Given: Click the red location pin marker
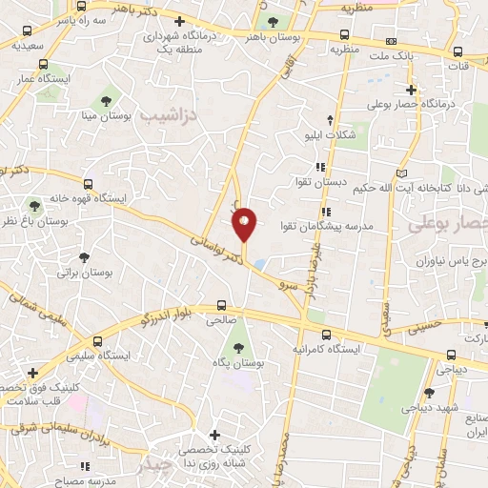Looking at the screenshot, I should [245, 224].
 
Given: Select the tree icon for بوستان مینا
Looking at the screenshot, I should [106, 99].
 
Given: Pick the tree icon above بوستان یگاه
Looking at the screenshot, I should [237, 334].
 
